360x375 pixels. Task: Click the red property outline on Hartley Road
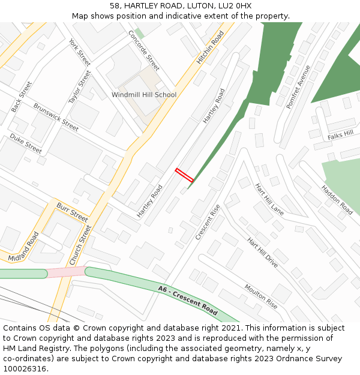(x=184, y=175)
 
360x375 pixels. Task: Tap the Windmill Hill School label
(x=144, y=95)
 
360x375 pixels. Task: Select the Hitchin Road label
(x=210, y=47)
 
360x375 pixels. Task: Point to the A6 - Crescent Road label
(x=188, y=300)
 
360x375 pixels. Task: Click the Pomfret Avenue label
(x=298, y=87)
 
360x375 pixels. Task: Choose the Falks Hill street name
(x=341, y=135)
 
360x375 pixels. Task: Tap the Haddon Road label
(x=337, y=200)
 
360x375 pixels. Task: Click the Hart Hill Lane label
(x=269, y=199)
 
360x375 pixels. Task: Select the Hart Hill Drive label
(x=263, y=252)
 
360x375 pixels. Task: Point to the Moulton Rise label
(x=261, y=296)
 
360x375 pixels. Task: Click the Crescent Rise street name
(x=208, y=223)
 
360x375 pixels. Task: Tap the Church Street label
(x=80, y=245)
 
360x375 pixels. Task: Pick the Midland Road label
(x=23, y=247)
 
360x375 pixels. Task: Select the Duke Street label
(x=26, y=143)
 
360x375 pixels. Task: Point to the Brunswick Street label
(x=56, y=117)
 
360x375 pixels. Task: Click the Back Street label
(x=21, y=97)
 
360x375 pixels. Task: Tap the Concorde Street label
(x=144, y=50)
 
